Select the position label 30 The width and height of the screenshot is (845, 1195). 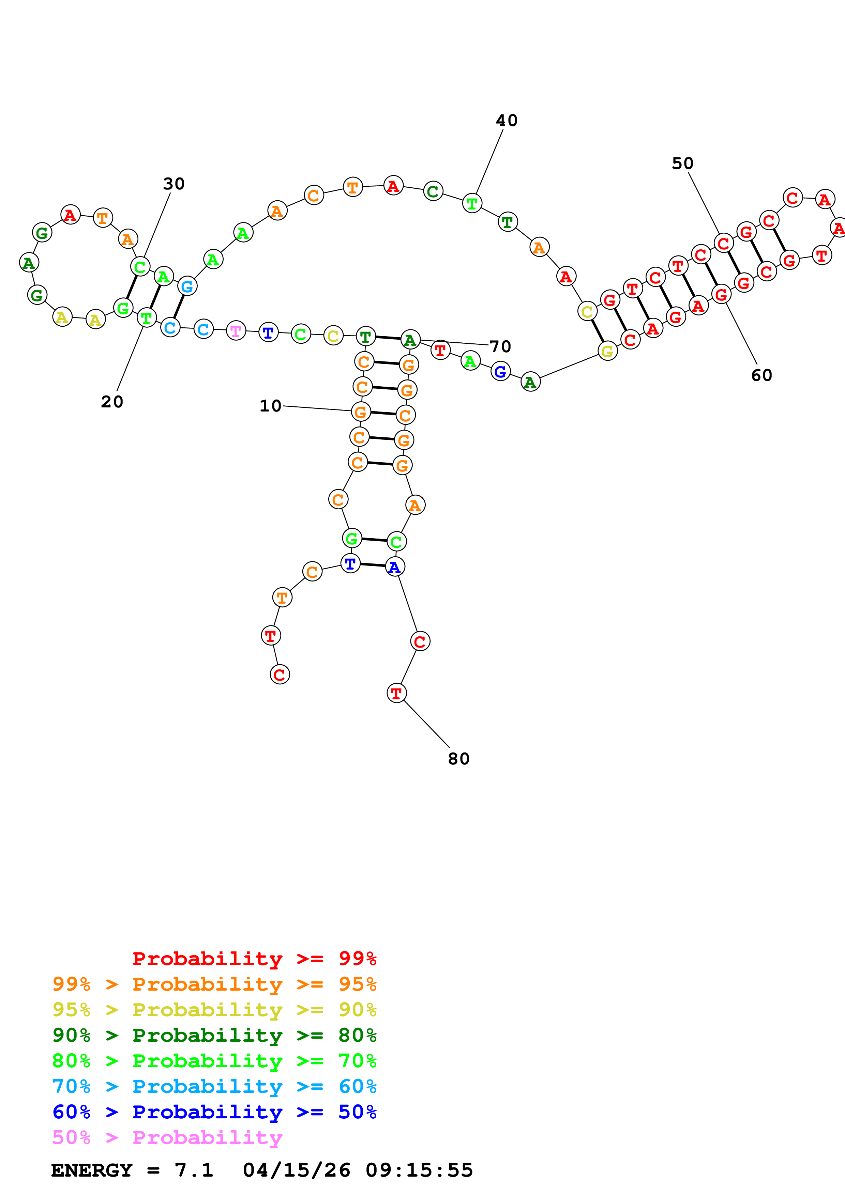[x=174, y=183]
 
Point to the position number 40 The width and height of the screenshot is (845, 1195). [x=507, y=120]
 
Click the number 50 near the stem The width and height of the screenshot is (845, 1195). [x=682, y=164]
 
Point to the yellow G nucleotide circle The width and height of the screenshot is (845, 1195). [x=607, y=351]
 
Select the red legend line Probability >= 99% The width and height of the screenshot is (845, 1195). [x=254, y=958]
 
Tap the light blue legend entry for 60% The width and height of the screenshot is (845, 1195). [x=214, y=1086]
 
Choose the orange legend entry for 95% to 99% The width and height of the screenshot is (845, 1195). [x=214, y=984]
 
